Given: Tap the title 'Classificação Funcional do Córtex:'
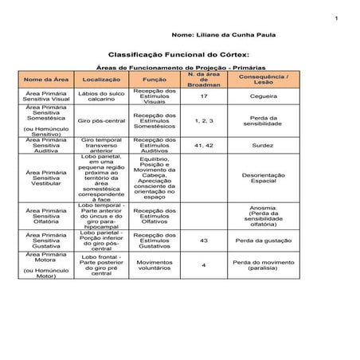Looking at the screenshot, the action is tap(180, 56).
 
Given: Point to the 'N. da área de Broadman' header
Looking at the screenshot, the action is tap(204, 79).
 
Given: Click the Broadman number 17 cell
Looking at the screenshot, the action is tap(204, 96).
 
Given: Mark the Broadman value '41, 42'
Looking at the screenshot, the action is tap(204, 146).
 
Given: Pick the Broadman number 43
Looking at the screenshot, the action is tap(204, 240).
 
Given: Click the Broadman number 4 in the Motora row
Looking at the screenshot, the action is tap(204, 265).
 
